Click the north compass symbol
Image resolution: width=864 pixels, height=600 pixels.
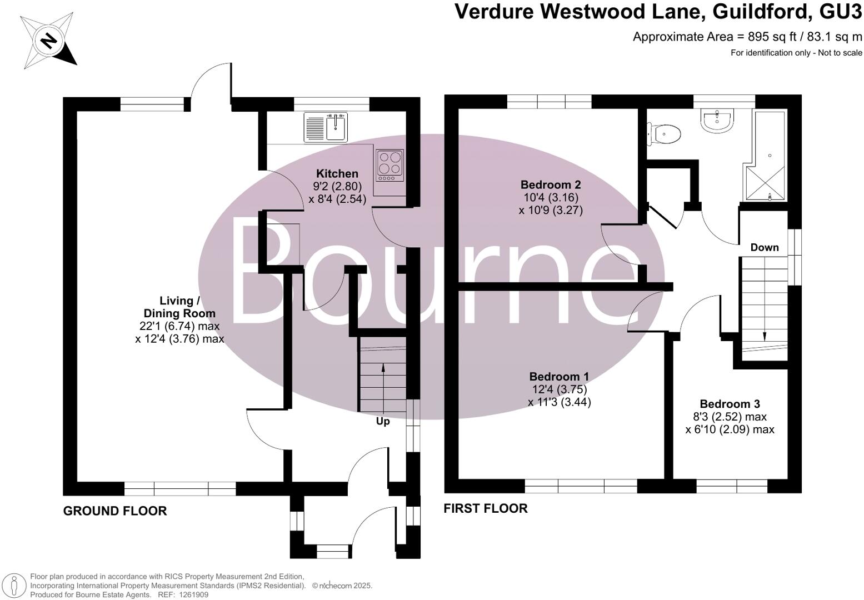[x=48, y=41]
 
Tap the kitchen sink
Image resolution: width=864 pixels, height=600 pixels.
[x=326, y=127]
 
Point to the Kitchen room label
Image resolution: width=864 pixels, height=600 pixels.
[x=337, y=174]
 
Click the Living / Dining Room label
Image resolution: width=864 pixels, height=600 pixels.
[x=179, y=307]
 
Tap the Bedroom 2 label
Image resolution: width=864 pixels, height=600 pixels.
[x=551, y=184]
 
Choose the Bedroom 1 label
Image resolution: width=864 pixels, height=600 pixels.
[x=559, y=377]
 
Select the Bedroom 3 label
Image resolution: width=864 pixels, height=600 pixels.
[x=730, y=404]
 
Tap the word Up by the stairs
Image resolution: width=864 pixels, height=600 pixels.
[x=383, y=421]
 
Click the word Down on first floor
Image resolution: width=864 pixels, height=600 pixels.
[x=765, y=247]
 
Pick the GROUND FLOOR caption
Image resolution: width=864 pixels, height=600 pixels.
[x=115, y=511]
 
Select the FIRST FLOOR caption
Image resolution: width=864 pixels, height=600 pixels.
[x=485, y=508]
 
